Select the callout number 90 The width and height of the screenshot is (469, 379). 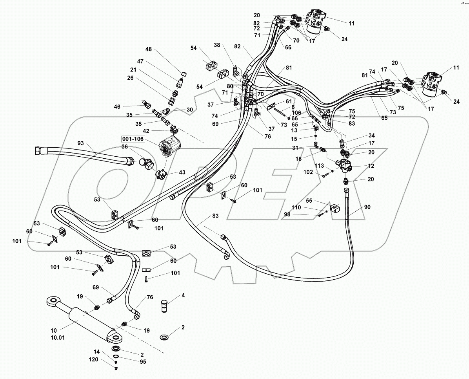pyautogui.click(x=367, y=207)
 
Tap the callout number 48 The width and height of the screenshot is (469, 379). pyautogui.click(x=149, y=49)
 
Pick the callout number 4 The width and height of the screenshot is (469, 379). pyautogui.click(x=182, y=295)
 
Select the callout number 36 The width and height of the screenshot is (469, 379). pyautogui.click(x=125, y=147)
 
